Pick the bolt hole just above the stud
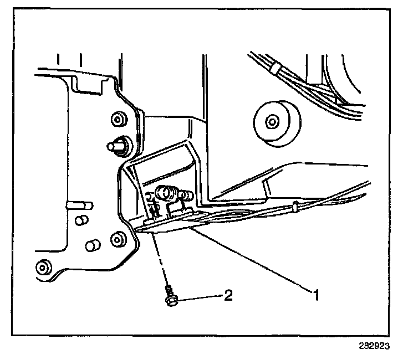tap(118, 119)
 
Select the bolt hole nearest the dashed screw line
tap(118, 240)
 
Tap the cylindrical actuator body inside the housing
tap(166, 193)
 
